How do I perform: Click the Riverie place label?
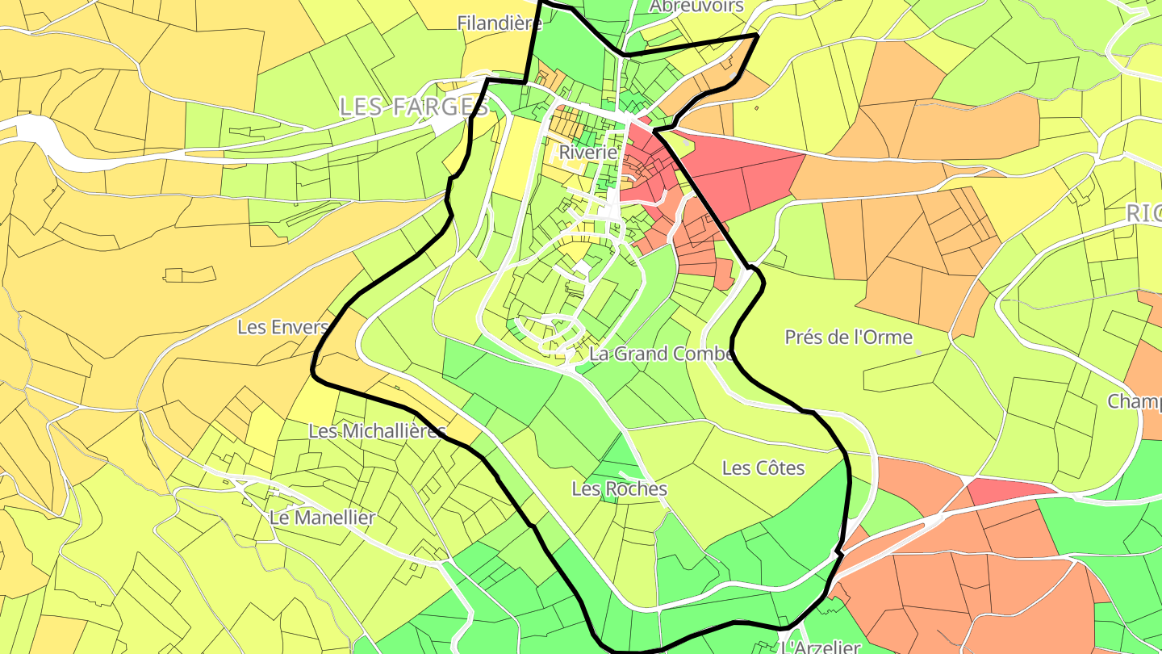tap(587, 152)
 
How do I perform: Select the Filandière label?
tap(499, 23)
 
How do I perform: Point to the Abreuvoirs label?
tap(696, 6)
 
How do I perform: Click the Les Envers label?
tap(282, 327)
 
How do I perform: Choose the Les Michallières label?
tap(377, 430)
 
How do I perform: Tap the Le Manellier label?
tap(322, 518)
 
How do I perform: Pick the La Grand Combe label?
tap(660, 354)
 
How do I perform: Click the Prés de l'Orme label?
tap(848, 337)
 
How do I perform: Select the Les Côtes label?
tap(763, 467)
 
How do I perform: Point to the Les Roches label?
tap(619, 488)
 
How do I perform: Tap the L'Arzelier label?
tap(821, 647)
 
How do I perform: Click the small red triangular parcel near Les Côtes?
tap(1009, 489)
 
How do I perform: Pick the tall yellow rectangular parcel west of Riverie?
tap(510, 157)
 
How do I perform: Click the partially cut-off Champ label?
tap(1135, 401)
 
